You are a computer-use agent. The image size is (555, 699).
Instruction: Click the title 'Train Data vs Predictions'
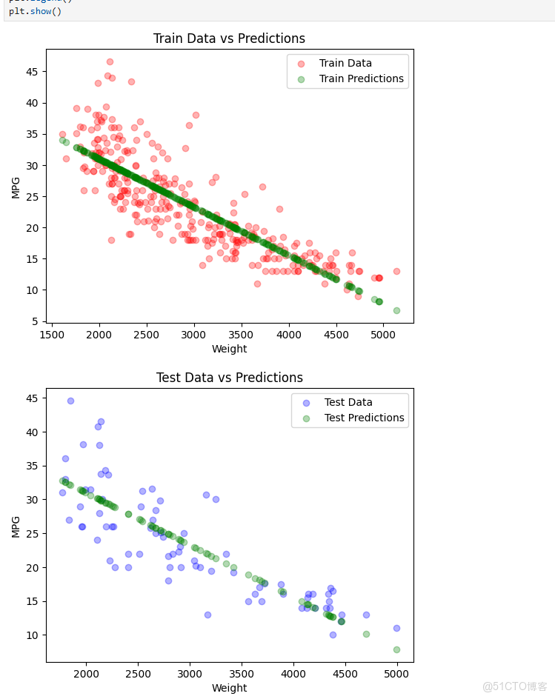(229, 39)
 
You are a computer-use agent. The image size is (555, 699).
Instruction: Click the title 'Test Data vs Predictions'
(229, 378)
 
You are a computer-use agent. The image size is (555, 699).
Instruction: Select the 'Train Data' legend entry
(345, 64)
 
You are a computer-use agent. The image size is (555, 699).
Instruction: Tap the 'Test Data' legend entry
(348, 403)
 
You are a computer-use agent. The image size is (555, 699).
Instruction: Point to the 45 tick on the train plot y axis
(33, 72)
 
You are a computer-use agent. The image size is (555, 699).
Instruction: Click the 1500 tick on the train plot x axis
(52, 335)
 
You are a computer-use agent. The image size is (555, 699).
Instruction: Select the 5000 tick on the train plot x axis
(384, 335)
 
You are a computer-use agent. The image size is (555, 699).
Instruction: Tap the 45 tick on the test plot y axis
(33, 398)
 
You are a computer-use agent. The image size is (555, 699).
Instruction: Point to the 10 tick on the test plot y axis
(33, 635)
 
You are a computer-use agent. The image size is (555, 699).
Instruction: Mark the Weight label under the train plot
(229, 349)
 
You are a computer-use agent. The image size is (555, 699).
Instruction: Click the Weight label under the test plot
(229, 688)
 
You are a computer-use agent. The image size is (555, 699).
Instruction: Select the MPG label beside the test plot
(16, 526)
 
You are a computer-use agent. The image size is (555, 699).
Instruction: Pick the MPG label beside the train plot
(16, 187)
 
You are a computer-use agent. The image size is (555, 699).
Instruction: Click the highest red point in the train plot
(110, 62)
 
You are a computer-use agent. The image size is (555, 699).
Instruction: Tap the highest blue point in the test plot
(70, 401)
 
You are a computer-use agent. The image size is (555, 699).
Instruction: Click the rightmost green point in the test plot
(396, 649)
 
